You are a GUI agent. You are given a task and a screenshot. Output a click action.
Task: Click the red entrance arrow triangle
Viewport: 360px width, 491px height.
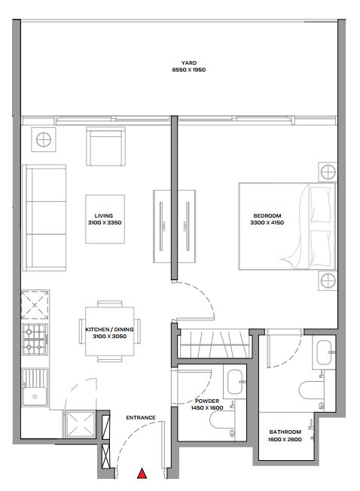[x=142, y=474]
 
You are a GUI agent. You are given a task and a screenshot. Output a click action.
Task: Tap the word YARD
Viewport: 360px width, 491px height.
[x=189, y=63]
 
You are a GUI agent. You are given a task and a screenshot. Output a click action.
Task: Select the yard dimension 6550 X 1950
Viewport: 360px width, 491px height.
[x=189, y=70]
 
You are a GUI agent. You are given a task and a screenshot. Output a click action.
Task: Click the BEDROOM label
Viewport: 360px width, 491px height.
[x=267, y=215]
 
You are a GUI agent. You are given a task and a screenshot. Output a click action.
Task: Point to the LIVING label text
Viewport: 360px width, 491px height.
[x=104, y=215]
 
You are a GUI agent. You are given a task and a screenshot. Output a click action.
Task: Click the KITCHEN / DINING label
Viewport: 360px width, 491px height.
[x=109, y=329]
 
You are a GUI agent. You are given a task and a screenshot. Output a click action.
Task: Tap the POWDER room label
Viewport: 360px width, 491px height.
[x=207, y=401]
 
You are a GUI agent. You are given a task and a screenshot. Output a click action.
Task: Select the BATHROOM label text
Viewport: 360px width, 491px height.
[x=285, y=432]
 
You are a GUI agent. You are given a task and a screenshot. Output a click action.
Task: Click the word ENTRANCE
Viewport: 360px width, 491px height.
[x=141, y=418]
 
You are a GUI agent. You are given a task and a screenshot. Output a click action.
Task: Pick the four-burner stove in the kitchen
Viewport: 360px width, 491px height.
[x=35, y=339]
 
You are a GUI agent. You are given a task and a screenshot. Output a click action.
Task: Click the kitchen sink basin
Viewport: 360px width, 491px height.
[x=35, y=396]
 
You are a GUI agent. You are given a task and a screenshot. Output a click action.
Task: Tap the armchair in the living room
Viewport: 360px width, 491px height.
[x=105, y=146]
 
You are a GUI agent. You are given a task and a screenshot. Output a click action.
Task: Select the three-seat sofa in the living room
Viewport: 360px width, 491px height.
[x=44, y=218]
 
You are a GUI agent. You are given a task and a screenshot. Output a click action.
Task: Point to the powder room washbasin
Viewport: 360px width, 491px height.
[x=236, y=382]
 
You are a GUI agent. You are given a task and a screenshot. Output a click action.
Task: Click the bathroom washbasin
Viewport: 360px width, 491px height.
[x=325, y=352]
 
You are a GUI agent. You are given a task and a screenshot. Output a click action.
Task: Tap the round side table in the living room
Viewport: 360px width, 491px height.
[x=44, y=139]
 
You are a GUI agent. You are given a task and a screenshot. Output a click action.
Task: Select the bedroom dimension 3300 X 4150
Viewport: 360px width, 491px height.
[x=267, y=223]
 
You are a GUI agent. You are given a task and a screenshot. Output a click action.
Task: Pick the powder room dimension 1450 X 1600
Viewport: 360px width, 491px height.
[x=207, y=407]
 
